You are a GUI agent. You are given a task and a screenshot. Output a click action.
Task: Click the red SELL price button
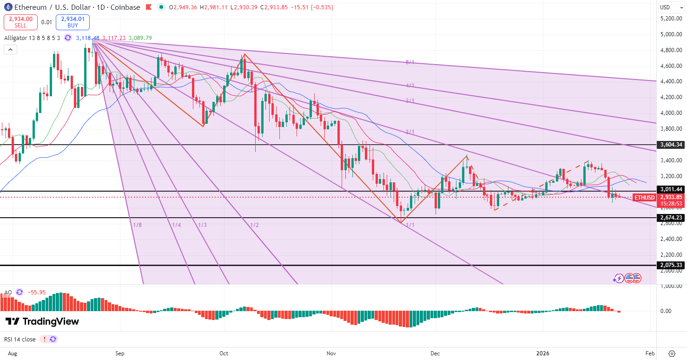(x=20, y=22)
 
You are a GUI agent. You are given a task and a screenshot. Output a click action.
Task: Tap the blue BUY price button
(x=73, y=22)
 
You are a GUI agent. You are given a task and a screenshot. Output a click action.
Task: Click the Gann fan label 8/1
(x=410, y=62)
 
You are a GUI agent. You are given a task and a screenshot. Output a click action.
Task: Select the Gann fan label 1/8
(x=137, y=225)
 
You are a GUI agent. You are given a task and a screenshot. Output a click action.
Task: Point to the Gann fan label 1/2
(x=254, y=225)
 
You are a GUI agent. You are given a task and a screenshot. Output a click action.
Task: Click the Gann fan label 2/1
(x=410, y=132)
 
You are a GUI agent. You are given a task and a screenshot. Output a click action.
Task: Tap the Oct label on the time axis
(x=224, y=353)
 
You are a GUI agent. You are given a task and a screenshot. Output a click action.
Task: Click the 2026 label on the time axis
(x=542, y=353)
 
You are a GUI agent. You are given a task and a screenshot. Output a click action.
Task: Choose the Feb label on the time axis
(x=650, y=353)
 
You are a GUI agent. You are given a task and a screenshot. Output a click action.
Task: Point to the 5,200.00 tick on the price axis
(x=670, y=18)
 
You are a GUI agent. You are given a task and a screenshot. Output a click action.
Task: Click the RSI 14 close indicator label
(x=20, y=340)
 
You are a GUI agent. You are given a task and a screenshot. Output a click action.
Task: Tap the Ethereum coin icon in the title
(x=7, y=7)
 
